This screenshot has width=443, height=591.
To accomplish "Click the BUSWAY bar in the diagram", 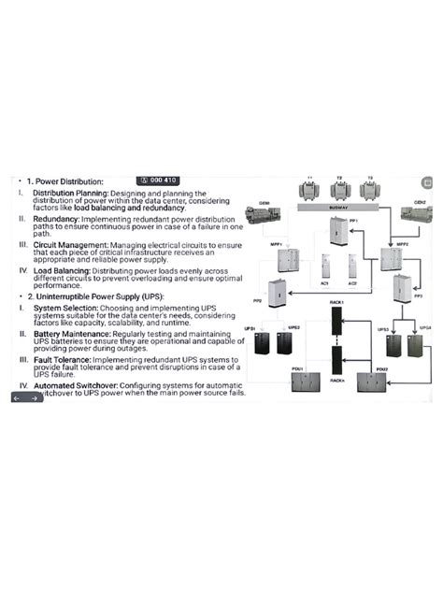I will pos(339,209).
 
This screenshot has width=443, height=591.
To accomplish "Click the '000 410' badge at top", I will pos(157,180).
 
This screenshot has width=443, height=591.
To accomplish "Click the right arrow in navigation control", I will pos(35,397).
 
